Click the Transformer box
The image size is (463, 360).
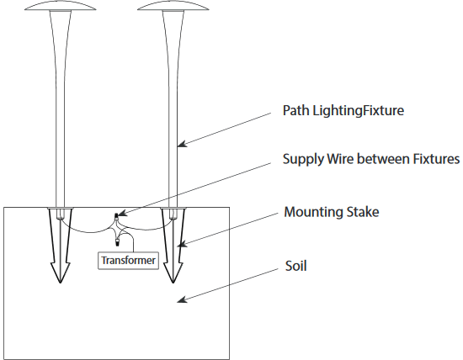128,260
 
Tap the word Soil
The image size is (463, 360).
295,266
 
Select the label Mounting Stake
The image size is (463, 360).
332,212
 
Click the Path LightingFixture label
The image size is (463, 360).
343,111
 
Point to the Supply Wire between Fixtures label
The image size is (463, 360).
371,159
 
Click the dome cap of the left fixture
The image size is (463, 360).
61,7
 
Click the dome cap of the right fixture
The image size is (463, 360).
173,7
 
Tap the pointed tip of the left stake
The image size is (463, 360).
61,283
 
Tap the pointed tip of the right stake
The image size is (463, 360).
173,283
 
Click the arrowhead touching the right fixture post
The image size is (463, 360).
182,144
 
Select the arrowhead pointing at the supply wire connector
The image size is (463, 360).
123,213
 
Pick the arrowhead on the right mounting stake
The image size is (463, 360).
182,244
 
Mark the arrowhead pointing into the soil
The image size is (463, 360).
182,299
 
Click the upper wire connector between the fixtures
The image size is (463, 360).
116,217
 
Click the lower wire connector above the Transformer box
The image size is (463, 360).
117,242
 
